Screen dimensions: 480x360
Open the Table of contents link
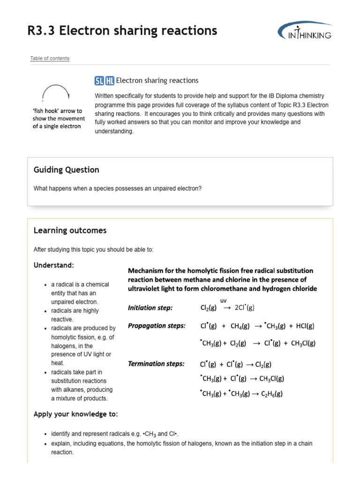(x=50, y=59)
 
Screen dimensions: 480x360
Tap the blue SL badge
(x=99, y=81)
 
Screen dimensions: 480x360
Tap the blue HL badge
(x=110, y=81)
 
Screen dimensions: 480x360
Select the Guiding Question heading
(x=67, y=170)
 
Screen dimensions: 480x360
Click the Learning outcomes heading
(x=70, y=231)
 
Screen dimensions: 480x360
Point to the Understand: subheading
(x=53, y=265)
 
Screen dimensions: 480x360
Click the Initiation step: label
(x=150, y=308)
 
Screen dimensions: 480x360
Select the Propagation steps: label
(x=157, y=325)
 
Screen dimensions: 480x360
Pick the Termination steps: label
(x=156, y=364)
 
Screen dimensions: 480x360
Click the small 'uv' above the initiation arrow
(x=223, y=300)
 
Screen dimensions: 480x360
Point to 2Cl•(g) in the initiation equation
(x=244, y=308)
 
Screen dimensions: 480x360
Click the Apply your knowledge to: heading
(x=75, y=414)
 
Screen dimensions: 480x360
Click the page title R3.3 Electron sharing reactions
(x=122, y=31)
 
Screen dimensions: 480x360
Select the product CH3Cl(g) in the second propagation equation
(x=303, y=343)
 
